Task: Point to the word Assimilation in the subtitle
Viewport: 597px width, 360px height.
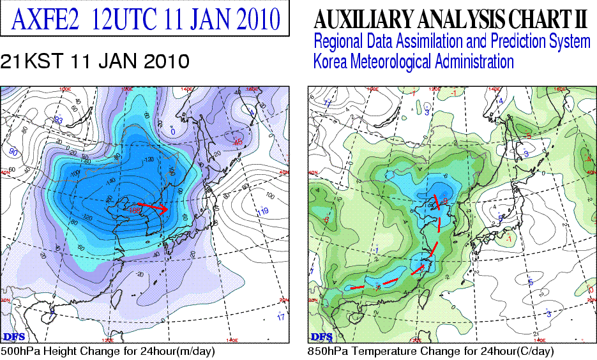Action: (x=425, y=42)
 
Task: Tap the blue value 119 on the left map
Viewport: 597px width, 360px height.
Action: (x=262, y=211)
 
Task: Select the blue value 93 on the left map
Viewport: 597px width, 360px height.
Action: (x=58, y=120)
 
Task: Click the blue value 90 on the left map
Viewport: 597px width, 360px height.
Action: (x=12, y=151)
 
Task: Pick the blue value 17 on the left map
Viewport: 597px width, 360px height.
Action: (x=281, y=317)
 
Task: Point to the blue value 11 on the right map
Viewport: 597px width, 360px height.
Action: (x=328, y=102)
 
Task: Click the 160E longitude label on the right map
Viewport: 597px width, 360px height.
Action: (x=559, y=89)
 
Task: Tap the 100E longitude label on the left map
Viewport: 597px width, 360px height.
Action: (x=64, y=89)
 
